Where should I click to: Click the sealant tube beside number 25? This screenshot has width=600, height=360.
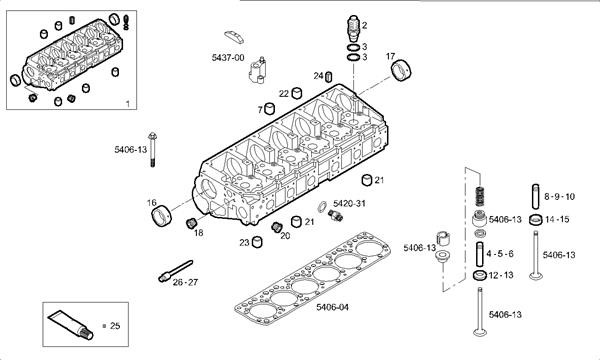[70, 325]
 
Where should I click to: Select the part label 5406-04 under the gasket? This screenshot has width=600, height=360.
[333, 307]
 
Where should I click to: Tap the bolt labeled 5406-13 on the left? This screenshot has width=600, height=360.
[152, 149]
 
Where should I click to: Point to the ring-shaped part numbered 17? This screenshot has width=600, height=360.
[401, 70]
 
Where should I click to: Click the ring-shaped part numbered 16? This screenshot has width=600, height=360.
[161, 216]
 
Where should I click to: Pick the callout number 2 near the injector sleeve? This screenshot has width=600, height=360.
[364, 25]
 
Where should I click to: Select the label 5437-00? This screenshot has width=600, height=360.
[228, 58]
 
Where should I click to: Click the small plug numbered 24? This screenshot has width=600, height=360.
[328, 77]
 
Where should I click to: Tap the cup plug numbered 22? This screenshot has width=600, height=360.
[297, 93]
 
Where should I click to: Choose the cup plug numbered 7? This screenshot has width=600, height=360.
[270, 109]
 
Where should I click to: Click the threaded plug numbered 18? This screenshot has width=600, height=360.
[191, 222]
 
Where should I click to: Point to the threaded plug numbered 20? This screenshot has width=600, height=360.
[276, 226]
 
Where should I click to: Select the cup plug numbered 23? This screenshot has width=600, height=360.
[258, 242]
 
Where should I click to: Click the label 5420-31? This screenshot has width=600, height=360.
[349, 203]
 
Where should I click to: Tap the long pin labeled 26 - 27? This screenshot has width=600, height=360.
[176, 270]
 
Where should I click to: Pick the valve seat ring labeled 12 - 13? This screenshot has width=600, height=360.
[480, 275]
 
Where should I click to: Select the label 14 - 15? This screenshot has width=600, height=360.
[557, 219]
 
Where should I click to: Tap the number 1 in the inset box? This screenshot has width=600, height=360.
[128, 104]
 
